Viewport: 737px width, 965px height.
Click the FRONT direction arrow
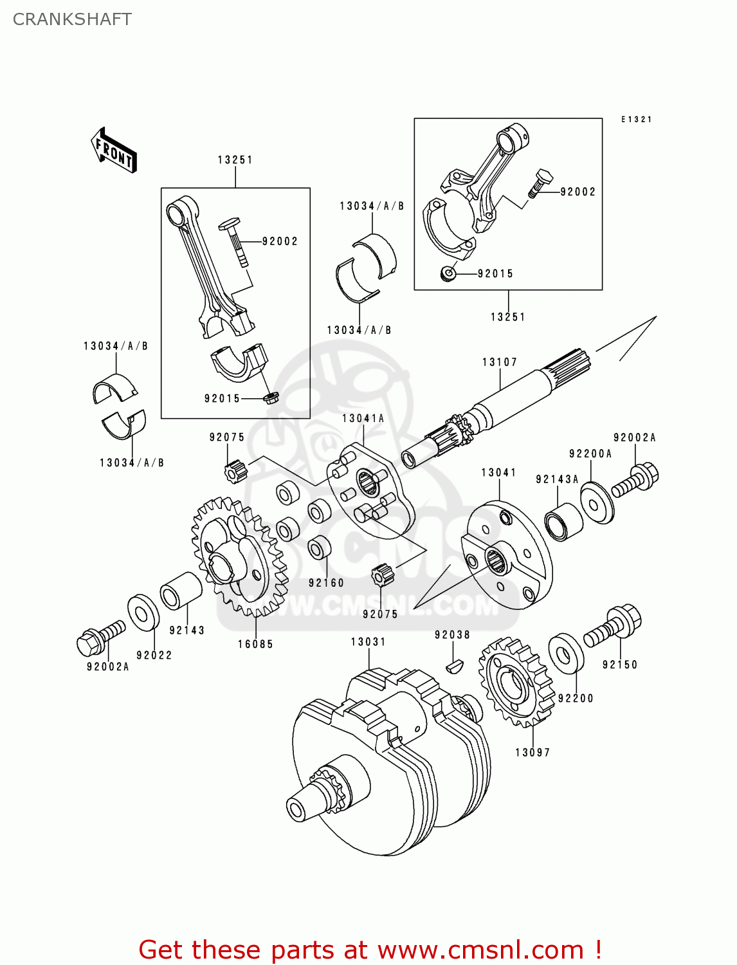114,151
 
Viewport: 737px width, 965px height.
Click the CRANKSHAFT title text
72,19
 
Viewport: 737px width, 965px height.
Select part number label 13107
500,362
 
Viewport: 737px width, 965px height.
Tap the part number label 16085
255,644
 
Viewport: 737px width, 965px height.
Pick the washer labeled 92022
143,612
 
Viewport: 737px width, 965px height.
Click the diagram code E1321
636,119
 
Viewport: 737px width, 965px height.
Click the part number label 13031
368,642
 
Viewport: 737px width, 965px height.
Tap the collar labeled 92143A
564,522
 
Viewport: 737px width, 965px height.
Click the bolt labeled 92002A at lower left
100,636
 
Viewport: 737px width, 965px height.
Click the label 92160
327,583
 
